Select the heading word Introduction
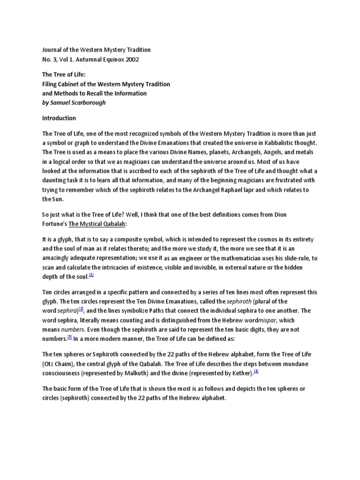[59, 118]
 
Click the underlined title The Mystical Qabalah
[97, 224]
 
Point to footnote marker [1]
[92, 275]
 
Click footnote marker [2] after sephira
[81, 309]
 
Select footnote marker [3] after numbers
[69, 336]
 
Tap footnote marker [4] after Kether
[256, 372]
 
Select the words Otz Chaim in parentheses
[60, 364]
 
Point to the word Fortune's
[55, 224]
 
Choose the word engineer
[212, 258]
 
